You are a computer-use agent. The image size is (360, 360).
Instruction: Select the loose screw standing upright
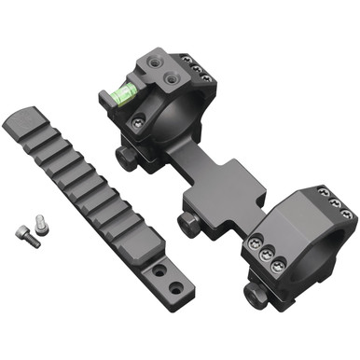coord(40,223)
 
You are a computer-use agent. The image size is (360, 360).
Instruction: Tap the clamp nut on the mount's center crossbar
coord(187,222)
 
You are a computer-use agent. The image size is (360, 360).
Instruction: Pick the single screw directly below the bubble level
coord(140,119)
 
